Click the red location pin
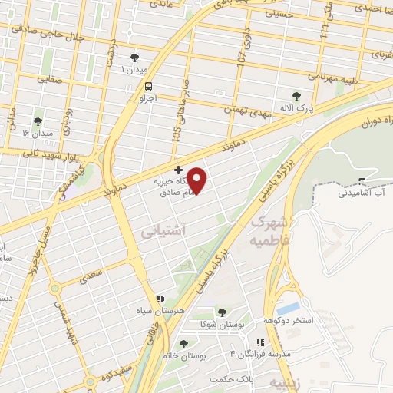coord(197,180)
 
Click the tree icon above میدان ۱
coord(136,58)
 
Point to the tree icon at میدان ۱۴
coord(38,121)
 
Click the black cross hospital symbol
coord(178,169)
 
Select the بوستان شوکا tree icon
coord(222,312)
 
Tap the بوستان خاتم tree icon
coord(183,345)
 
